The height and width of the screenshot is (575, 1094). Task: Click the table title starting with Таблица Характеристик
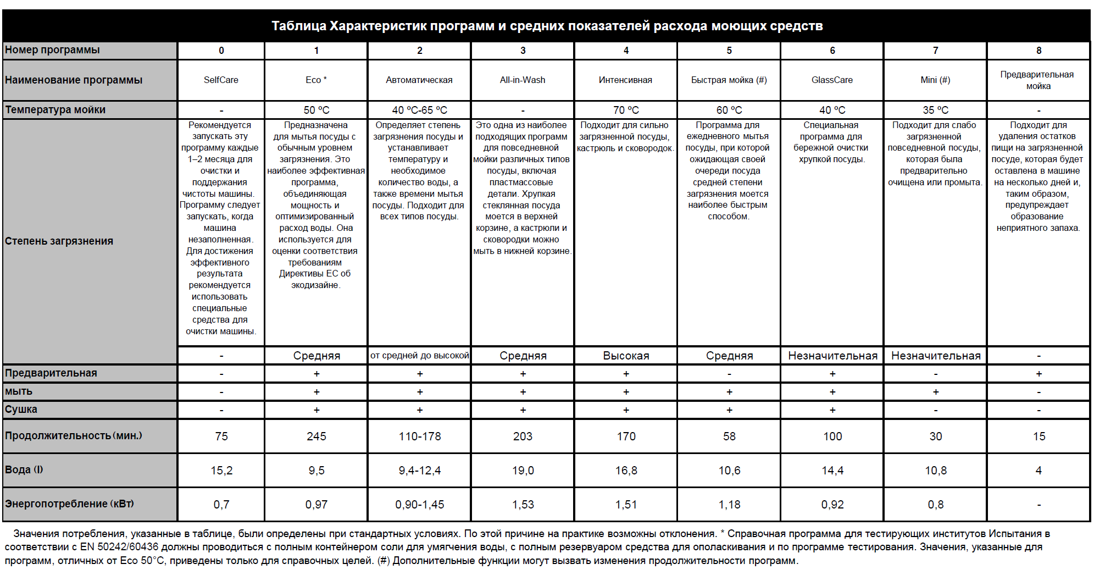(x=547, y=26)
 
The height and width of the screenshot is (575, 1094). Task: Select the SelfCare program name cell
(x=221, y=80)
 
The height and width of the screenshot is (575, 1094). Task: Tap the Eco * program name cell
(x=316, y=80)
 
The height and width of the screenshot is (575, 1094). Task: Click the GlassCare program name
(x=832, y=80)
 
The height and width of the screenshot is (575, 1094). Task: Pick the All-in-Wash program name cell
(x=523, y=80)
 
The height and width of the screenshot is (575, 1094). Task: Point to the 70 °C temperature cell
(x=626, y=110)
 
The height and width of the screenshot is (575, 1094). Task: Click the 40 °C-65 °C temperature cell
(x=419, y=110)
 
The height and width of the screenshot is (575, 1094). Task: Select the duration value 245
(x=316, y=436)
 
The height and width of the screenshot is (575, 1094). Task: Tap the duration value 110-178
(x=419, y=436)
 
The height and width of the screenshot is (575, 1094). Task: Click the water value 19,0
(x=523, y=470)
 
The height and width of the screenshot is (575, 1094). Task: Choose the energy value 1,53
(x=523, y=504)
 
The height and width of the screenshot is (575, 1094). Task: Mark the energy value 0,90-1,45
(x=419, y=504)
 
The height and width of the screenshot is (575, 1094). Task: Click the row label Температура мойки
(x=55, y=109)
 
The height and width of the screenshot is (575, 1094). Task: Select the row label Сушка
(x=21, y=409)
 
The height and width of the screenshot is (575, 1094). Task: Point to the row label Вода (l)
(x=24, y=469)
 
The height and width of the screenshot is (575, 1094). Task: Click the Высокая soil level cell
(x=626, y=356)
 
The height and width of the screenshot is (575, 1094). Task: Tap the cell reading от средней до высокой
(x=419, y=356)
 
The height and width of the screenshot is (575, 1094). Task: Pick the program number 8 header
(x=1039, y=51)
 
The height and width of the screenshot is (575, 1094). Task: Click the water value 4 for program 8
(x=1039, y=470)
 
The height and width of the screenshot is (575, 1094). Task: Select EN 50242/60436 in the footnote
(x=119, y=547)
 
